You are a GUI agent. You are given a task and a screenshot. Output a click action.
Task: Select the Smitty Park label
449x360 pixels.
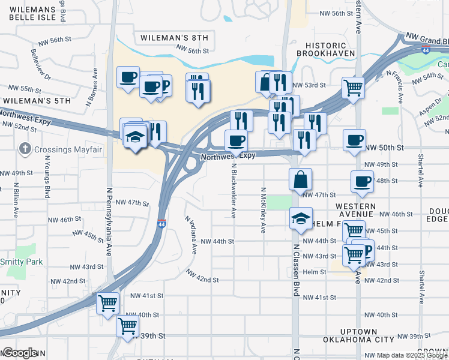(21, 262)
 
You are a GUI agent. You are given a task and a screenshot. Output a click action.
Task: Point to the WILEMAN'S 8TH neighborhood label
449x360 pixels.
(174, 38)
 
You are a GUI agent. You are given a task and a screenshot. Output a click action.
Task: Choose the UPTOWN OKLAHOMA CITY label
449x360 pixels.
(358, 335)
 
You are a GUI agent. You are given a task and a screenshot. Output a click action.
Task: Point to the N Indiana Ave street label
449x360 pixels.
(191, 235)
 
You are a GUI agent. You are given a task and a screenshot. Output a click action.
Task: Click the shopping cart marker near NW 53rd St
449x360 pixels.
(353, 88)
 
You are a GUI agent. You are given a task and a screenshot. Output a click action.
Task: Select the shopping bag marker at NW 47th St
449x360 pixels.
(300, 179)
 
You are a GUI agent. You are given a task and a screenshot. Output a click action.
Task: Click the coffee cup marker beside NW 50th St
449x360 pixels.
(354, 140)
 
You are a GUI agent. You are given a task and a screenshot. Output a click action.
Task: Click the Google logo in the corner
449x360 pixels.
(20, 353)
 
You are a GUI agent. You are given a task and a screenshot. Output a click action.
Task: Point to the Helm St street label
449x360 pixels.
(314, 272)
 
